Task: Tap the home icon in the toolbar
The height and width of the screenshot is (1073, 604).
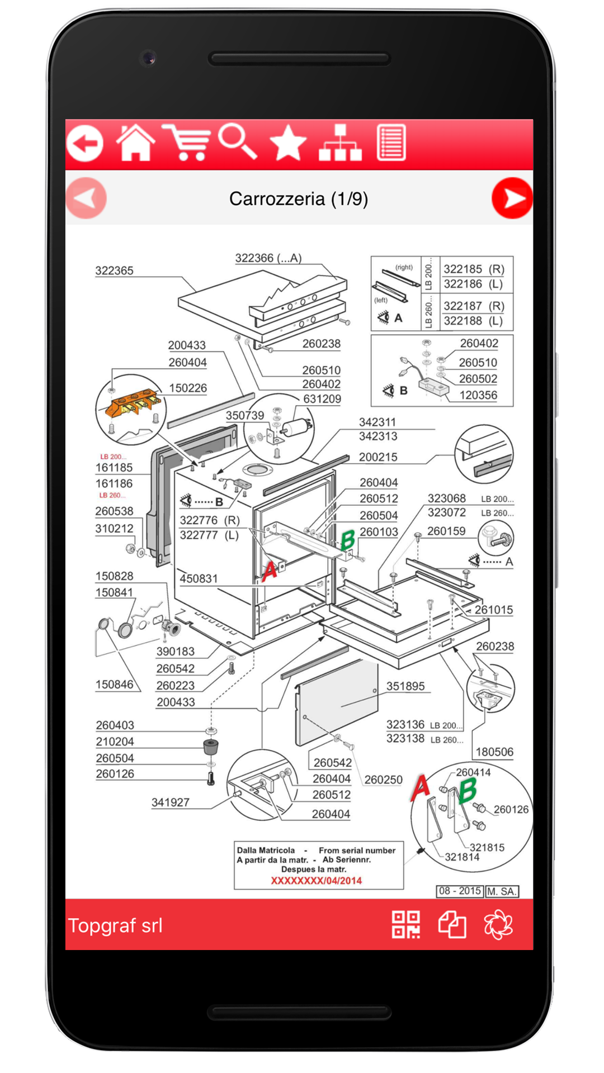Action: pyautogui.click(x=136, y=143)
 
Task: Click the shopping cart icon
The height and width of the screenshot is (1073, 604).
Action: pyautogui.click(x=186, y=143)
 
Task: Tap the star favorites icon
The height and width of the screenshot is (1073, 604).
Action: pyautogui.click(x=288, y=143)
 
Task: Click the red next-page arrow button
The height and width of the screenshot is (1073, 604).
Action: pyautogui.click(x=512, y=198)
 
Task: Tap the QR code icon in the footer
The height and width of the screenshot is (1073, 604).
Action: pyautogui.click(x=406, y=924)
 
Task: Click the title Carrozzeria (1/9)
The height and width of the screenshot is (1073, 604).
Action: pyautogui.click(x=299, y=199)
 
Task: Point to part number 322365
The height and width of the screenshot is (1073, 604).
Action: pyautogui.click(x=114, y=271)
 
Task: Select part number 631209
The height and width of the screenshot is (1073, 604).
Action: pyautogui.click(x=322, y=399)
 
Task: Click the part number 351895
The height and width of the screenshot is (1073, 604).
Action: pyautogui.click(x=405, y=686)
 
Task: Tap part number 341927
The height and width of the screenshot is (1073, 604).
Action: pyautogui.click(x=171, y=803)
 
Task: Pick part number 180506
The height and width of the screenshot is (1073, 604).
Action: pyautogui.click(x=494, y=752)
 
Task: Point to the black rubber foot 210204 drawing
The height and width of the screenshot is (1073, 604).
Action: pyautogui.click(x=210, y=746)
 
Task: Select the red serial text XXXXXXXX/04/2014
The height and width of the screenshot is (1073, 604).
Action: pyautogui.click(x=316, y=881)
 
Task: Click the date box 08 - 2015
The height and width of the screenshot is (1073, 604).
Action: pyautogui.click(x=460, y=891)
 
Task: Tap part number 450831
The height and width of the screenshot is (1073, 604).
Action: pyautogui.click(x=199, y=579)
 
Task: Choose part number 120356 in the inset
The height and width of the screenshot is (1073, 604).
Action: pyautogui.click(x=478, y=395)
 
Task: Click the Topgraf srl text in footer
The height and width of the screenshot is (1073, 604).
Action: pyautogui.click(x=115, y=925)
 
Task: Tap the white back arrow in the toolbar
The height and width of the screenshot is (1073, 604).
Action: pyautogui.click(x=86, y=143)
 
